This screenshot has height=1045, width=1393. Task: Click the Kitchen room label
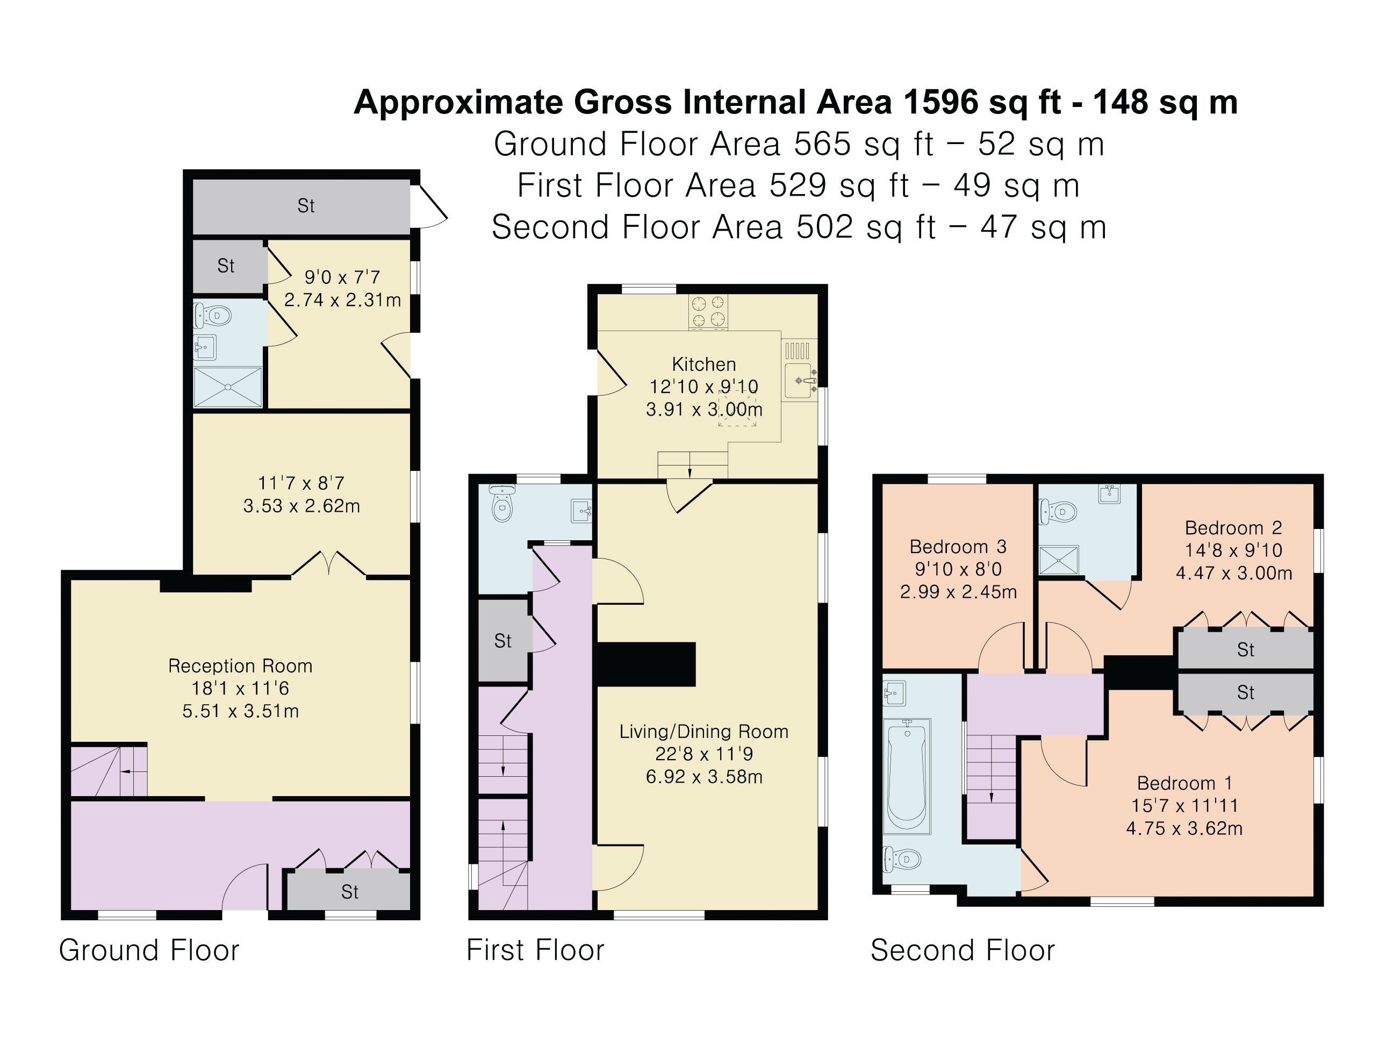pos(703,364)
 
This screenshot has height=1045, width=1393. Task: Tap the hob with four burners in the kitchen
pos(708,312)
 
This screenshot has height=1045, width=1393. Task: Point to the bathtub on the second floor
pos(907,777)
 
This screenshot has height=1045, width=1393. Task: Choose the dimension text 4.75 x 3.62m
pos(1184,828)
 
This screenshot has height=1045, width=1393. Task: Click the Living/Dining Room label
pos(703,731)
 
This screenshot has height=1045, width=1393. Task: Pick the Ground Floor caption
pos(149,950)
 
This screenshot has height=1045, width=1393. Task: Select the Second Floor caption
pos(962,950)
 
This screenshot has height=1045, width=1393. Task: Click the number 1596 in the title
pos(941,102)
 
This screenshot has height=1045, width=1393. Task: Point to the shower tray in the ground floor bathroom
pos(227,386)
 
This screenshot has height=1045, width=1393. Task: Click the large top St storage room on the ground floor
pos(301,206)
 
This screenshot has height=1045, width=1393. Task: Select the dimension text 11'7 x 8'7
pos(301,483)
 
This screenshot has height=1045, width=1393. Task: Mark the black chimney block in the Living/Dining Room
pos(645,664)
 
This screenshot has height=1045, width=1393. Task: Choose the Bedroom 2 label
pos(1233,527)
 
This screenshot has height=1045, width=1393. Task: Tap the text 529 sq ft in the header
pos(839,185)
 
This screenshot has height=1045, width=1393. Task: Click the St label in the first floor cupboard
pos(502,641)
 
